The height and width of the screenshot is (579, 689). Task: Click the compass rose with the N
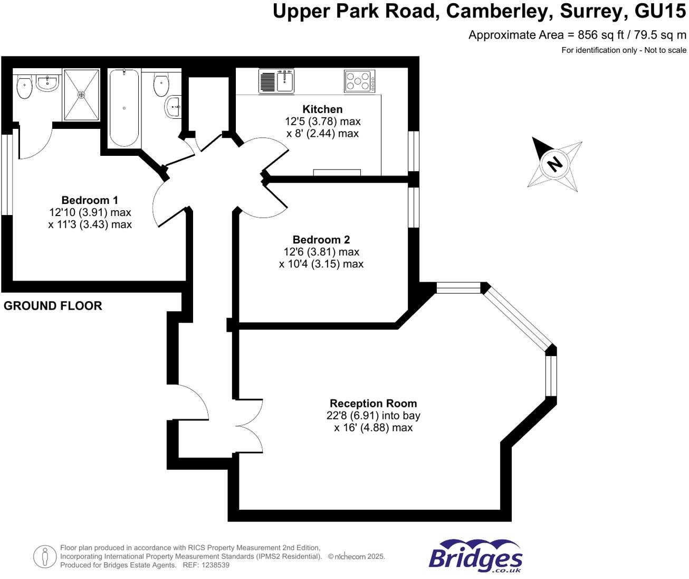(554, 163)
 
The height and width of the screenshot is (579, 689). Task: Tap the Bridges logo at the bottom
(475, 556)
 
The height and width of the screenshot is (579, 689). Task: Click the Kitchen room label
(322, 109)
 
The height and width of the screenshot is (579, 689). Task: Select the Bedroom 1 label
(90, 200)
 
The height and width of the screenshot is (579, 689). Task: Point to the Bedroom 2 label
(321, 240)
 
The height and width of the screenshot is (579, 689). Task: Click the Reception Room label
(373, 404)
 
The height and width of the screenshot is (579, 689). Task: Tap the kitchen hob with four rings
(360, 81)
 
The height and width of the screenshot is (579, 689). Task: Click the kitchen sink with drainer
(276, 81)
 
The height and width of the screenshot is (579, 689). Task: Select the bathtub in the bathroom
(124, 108)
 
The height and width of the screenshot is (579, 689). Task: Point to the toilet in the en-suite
(24, 87)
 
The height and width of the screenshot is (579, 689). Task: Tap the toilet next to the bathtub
(161, 85)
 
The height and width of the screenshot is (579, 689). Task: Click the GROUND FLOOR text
(53, 306)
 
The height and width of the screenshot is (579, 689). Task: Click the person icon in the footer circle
(45, 556)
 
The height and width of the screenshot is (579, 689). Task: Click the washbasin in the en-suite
(47, 83)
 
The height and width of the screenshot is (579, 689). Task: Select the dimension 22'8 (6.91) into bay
(373, 416)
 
